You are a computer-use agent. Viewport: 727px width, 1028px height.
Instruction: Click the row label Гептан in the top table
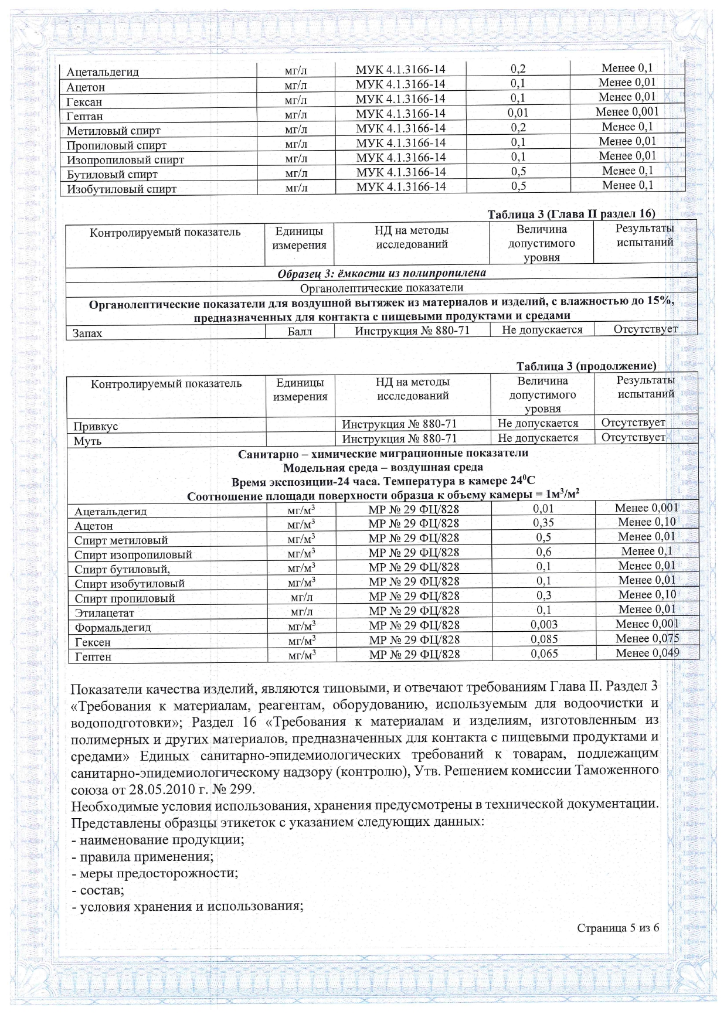pos(84,116)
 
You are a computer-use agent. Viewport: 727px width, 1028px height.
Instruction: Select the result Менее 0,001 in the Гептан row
pos(627,112)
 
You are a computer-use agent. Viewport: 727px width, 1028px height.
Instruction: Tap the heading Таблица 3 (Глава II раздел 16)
pos(571,214)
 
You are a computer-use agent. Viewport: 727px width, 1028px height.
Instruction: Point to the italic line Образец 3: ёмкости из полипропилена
pos(381,273)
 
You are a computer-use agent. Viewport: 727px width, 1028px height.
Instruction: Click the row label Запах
pos(87,333)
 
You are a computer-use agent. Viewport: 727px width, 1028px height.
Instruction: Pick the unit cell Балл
pos(299,332)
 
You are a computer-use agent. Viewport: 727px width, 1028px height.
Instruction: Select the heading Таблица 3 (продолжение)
pos(586,366)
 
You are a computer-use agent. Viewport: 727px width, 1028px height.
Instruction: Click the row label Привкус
pos(96,426)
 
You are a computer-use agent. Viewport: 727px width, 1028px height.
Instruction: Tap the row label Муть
pos(87,441)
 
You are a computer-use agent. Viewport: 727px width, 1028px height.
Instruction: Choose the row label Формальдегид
pos(113,627)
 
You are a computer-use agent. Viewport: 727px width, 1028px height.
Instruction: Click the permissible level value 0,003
pos(544,625)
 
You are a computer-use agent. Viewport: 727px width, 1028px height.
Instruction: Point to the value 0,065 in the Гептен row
pos(544,653)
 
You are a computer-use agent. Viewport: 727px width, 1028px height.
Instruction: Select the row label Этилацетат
pos(104,613)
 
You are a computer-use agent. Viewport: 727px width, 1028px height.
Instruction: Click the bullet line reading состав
pos(98,890)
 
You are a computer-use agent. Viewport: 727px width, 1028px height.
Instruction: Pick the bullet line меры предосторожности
pos(155,873)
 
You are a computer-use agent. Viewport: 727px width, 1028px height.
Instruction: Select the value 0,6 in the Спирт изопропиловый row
pos(543,552)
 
